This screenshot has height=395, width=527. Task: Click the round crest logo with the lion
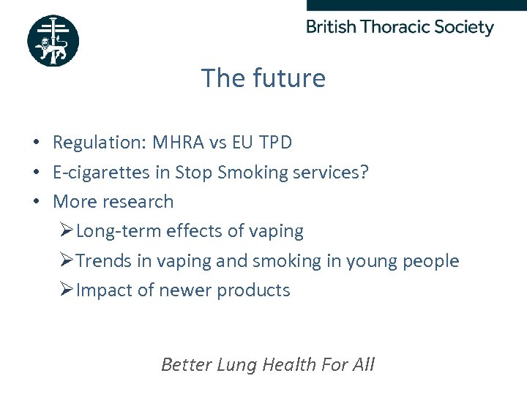point(53,41)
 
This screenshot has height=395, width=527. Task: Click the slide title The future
point(263,78)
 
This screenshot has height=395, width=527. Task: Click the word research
point(140,202)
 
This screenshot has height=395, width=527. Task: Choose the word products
point(255,290)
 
